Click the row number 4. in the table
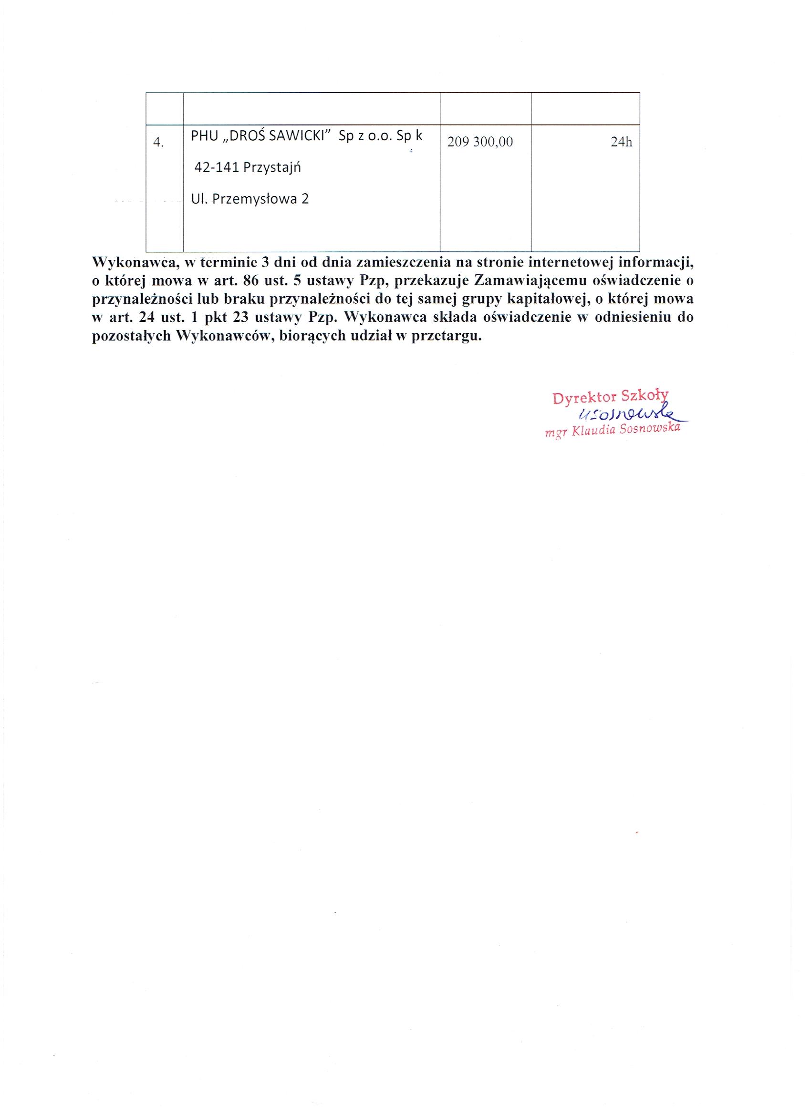[158, 143]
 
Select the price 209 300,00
[480, 142]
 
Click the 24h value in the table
[621, 142]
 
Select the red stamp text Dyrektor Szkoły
[610, 397]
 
